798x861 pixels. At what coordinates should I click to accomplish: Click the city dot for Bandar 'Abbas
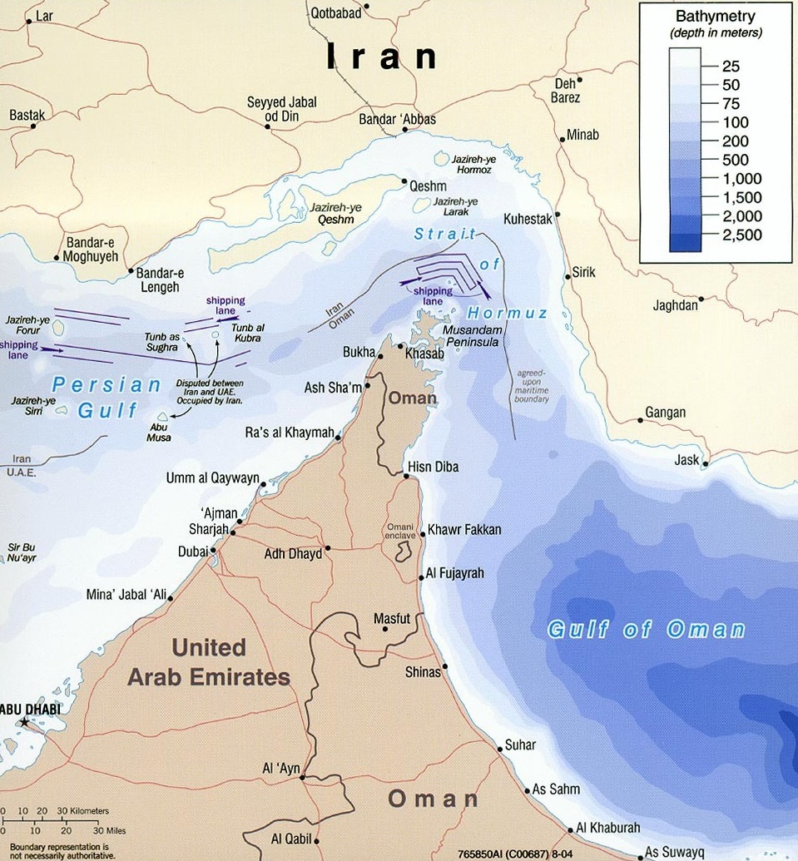pyautogui.click(x=404, y=131)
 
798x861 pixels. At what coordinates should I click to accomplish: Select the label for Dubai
pyautogui.click(x=193, y=551)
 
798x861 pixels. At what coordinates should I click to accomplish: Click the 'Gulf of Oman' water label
pyautogui.click(x=646, y=629)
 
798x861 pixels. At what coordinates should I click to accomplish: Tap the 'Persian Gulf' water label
pyautogui.click(x=107, y=397)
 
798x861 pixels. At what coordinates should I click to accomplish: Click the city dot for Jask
pyautogui.click(x=706, y=463)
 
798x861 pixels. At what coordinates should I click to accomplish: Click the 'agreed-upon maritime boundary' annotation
pyautogui.click(x=533, y=387)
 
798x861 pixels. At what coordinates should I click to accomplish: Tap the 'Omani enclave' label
pyautogui.click(x=405, y=532)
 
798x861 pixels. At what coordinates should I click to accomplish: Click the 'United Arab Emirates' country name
pyautogui.click(x=208, y=662)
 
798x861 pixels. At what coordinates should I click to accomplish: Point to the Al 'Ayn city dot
pyautogui.click(x=303, y=778)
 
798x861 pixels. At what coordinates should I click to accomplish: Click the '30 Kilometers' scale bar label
pyautogui.click(x=82, y=810)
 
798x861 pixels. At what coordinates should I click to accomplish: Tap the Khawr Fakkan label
pyautogui.click(x=464, y=530)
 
